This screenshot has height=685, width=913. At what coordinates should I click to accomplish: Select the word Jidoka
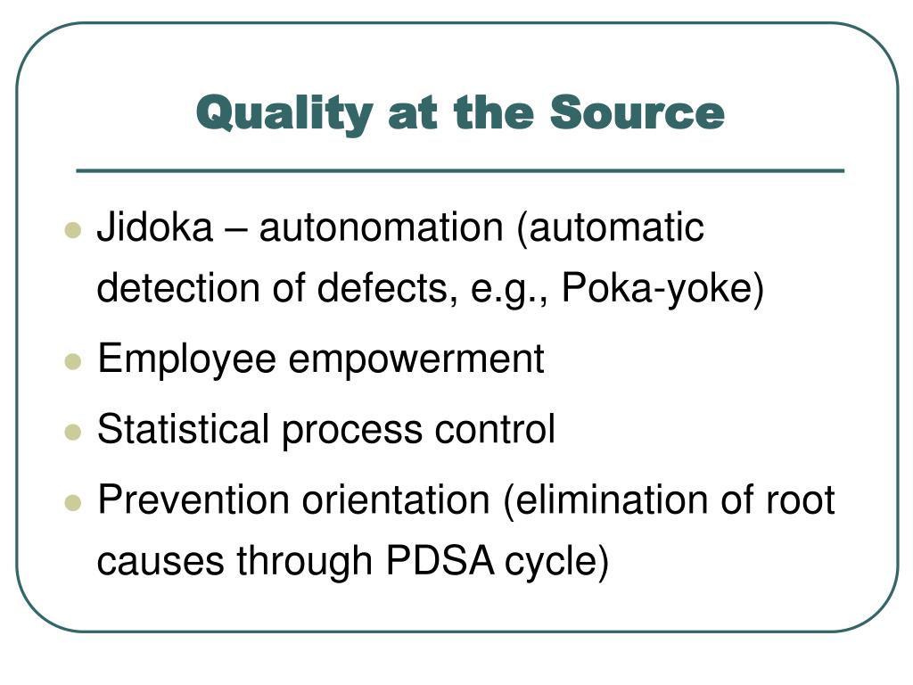pyautogui.click(x=154, y=228)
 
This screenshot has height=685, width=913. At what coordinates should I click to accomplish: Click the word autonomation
pyautogui.click(x=382, y=228)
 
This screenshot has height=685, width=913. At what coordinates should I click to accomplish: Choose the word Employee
pyautogui.click(x=186, y=360)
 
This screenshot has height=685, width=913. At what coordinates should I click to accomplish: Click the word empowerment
pyautogui.click(x=415, y=360)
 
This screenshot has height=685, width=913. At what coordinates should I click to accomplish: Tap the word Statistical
pyautogui.click(x=183, y=429)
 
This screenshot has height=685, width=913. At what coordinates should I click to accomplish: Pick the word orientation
pyautogui.click(x=396, y=499)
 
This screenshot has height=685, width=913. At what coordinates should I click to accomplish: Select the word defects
pyautogui.click(x=398, y=290)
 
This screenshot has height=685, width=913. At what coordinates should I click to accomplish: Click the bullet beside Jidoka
pyautogui.click(x=73, y=230)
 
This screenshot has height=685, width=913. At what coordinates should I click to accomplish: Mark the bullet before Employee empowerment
pyautogui.click(x=73, y=361)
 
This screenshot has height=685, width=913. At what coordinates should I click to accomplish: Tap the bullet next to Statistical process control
pyautogui.click(x=73, y=431)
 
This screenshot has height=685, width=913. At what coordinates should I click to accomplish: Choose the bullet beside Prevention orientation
pyautogui.click(x=73, y=501)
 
